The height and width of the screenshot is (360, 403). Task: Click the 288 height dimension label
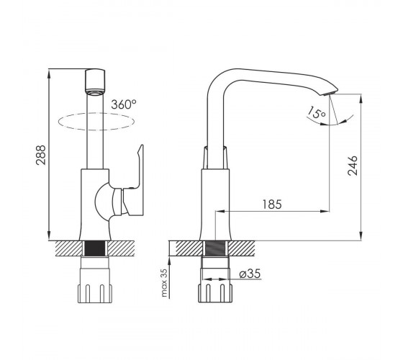click(41, 155)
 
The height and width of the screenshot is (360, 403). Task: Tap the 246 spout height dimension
click(353, 166)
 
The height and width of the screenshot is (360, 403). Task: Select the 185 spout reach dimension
click(272, 204)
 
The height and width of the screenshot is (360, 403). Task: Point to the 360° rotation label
click(124, 104)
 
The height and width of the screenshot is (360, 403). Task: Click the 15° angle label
click(316, 112)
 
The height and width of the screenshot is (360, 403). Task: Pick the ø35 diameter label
click(250, 274)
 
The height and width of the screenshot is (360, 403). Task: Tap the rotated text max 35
click(164, 283)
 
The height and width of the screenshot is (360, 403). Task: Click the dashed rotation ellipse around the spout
click(96, 130)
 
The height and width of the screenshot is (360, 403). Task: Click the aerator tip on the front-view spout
click(95, 92)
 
